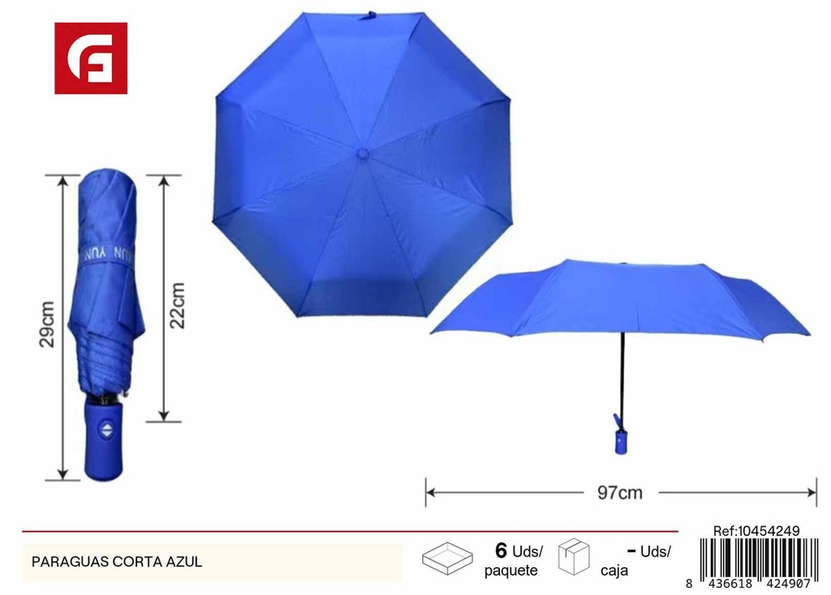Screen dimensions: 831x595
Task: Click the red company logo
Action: [91, 58]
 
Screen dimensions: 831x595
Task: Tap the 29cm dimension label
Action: [47, 324]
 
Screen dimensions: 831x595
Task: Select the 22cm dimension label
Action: [178, 305]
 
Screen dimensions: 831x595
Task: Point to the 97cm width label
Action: [619, 493]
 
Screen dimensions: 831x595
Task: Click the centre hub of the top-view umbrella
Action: [363, 153]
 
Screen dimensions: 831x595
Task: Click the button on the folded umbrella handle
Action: [106, 429]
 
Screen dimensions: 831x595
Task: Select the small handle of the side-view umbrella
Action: [620, 438]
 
